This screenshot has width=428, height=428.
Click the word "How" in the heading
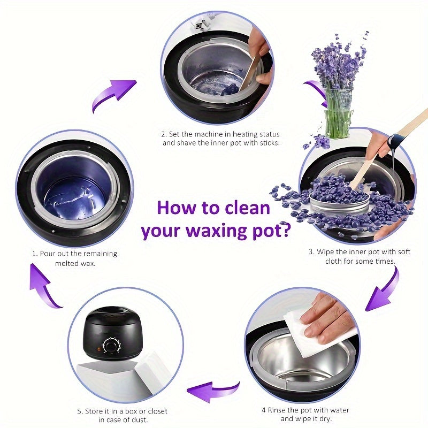click(175, 207)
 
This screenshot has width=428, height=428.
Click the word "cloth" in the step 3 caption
click(335, 261)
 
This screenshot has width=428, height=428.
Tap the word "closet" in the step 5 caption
click(154, 411)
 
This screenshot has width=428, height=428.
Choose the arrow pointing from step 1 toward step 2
click(112, 94)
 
